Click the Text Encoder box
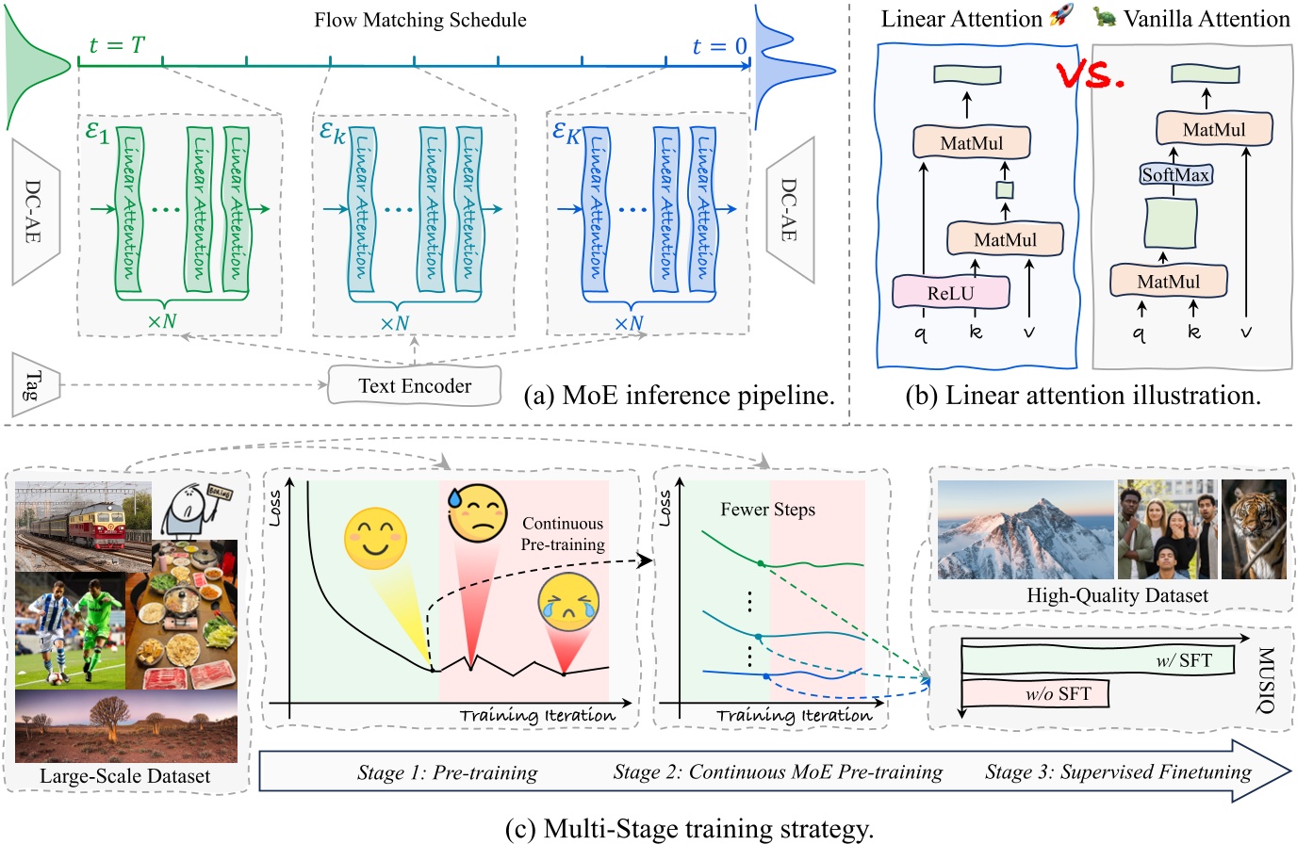414,385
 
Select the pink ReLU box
950,293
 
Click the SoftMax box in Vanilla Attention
1175,174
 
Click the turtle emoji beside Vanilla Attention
1105,17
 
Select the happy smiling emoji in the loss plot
375,539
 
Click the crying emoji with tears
568,605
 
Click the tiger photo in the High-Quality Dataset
1254,528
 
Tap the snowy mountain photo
1026,529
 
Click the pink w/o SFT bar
1035,694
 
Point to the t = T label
117,44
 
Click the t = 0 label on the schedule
718,46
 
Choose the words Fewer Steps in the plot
767,510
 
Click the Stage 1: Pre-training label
447,773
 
